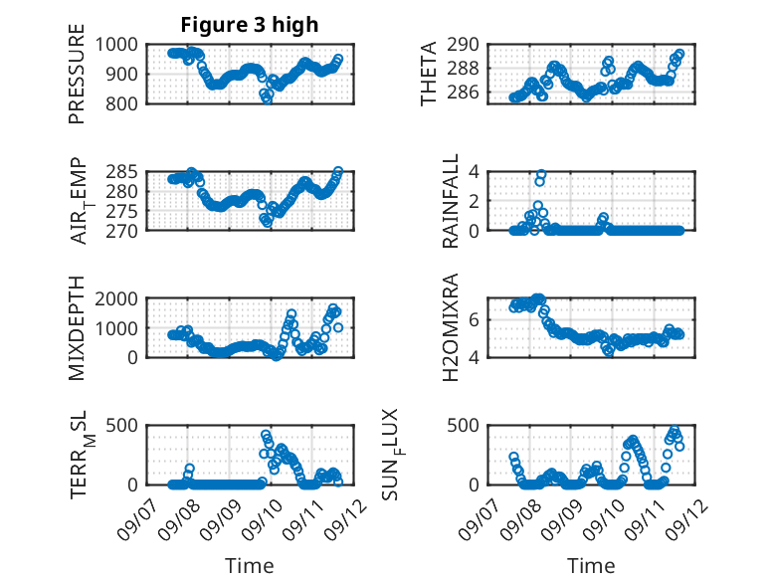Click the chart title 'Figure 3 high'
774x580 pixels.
(x=250, y=25)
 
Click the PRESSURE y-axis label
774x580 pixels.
(x=77, y=74)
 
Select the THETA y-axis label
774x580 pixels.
(x=429, y=74)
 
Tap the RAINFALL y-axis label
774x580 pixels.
(x=451, y=201)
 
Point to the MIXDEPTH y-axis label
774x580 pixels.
(x=77, y=327)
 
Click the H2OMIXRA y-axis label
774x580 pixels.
(x=451, y=327)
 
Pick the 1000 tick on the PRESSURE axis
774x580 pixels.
(x=116, y=45)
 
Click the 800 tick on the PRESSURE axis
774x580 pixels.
(x=122, y=104)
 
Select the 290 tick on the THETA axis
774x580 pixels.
(x=463, y=45)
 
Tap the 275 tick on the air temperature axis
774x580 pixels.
(x=122, y=211)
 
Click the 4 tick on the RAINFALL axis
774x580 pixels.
(x=474, y=172)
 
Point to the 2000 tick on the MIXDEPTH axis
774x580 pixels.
(x=116, y=298)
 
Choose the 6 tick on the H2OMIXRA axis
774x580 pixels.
(x=474, y=320)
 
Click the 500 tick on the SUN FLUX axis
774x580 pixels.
(x=463, y=426)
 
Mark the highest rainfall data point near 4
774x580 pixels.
(x=541, y=174)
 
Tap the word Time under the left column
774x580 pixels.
(x=250, y=566)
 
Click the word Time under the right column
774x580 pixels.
(x=591, y=566)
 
